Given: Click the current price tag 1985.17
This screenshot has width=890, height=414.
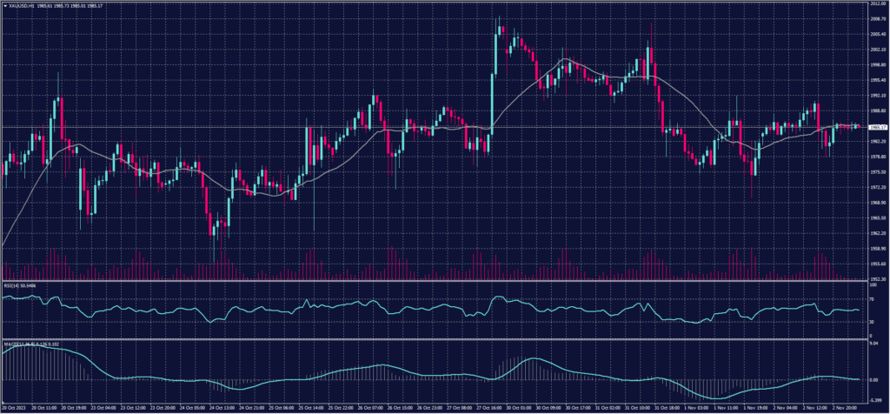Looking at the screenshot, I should click(876, 127).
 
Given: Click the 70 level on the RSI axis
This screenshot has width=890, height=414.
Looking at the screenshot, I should click(871, 298).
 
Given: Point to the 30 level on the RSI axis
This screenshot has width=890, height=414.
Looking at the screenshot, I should click(871, 322).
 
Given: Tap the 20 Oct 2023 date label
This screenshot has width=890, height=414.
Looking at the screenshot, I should click(16, 407).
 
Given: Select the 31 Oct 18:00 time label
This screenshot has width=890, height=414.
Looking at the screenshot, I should click(669, 407).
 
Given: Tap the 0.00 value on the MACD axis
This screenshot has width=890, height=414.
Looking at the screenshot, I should click(873, 379).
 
